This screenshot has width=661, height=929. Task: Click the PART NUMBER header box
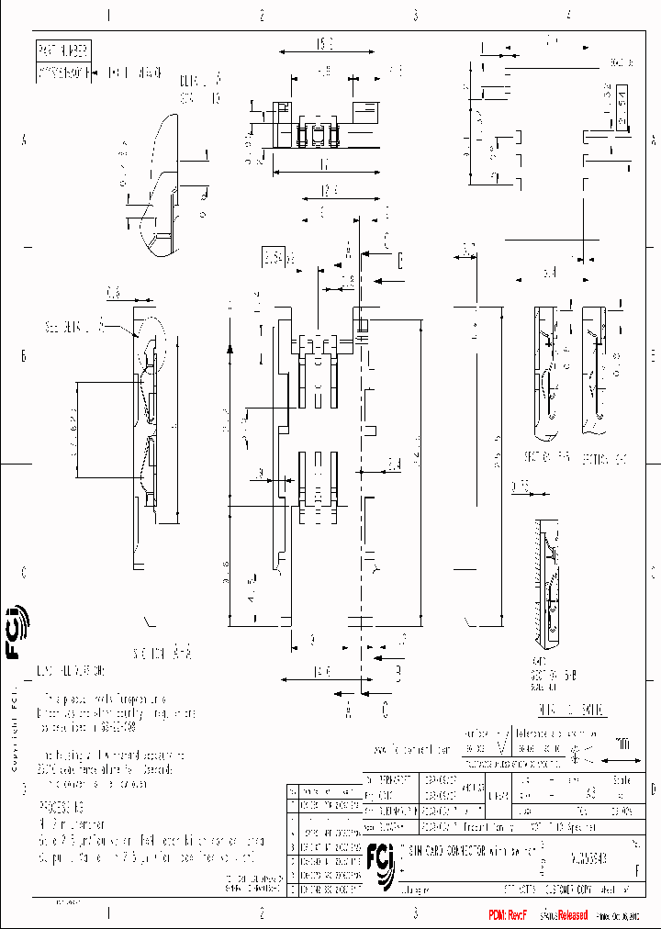[x=63, y=50]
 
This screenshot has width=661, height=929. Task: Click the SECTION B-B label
[x=551, y=457]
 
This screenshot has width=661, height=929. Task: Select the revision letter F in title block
[x=638, y=864]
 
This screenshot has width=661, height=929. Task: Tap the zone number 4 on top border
[x=569, y=15]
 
